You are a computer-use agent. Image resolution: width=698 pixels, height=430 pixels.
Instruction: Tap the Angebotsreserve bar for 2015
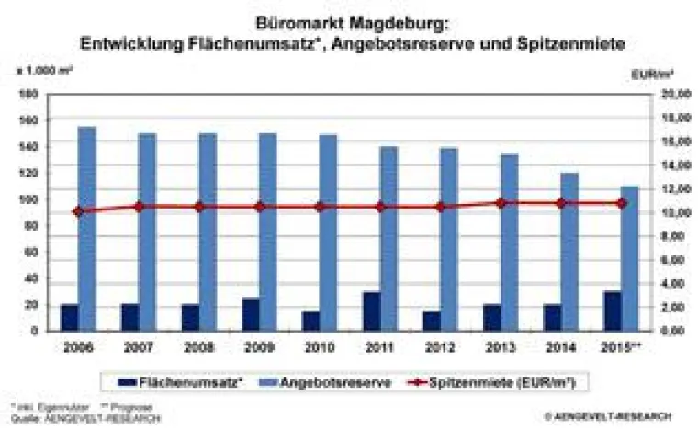[x=630, y=258]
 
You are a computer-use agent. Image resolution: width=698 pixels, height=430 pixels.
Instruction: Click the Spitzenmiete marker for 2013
[x=501, y=203]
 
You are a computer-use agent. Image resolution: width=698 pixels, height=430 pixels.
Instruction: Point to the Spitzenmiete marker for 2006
[x=78, y=211]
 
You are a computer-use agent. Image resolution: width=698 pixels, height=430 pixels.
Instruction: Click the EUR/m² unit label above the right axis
[x=673, y=71]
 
